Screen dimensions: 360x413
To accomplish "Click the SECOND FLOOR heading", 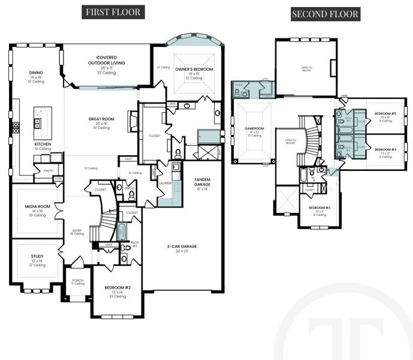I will click(325, 14).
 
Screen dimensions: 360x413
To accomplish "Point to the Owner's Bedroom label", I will click(192, 70).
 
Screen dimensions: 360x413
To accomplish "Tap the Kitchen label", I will click(42, 145).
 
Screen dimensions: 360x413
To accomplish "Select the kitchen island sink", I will click(37, 124).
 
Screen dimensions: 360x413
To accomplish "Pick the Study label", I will click(37, 256).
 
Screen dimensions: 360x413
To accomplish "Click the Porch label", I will click(77, 280).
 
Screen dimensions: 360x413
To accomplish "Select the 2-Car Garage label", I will click(181, 247).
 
